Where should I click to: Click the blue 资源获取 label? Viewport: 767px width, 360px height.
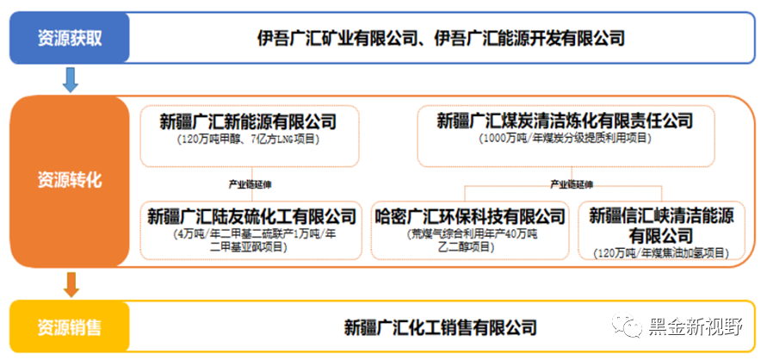point(69,38)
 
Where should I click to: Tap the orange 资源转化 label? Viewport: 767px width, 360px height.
point(69,180)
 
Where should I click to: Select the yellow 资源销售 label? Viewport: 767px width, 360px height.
point(69,327)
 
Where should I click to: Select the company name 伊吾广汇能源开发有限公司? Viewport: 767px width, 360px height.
point(529,38)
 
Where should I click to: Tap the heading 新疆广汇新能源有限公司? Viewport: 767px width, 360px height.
point(248,121)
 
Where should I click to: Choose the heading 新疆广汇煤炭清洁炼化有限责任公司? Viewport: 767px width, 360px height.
point(564,121)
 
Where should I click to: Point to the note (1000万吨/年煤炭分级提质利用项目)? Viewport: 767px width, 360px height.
point(564,138)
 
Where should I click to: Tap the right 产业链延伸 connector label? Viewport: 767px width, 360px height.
point(572,183)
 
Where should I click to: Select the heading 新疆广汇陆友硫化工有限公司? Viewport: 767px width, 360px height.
point(251,214)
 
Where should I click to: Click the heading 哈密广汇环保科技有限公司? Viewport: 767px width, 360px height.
point(469,214)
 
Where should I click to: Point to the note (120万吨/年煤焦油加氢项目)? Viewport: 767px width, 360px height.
point(660,252)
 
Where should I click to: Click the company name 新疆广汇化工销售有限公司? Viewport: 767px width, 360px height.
point(440,327)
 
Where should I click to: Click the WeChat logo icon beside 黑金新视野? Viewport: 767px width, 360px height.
point(627,328)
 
